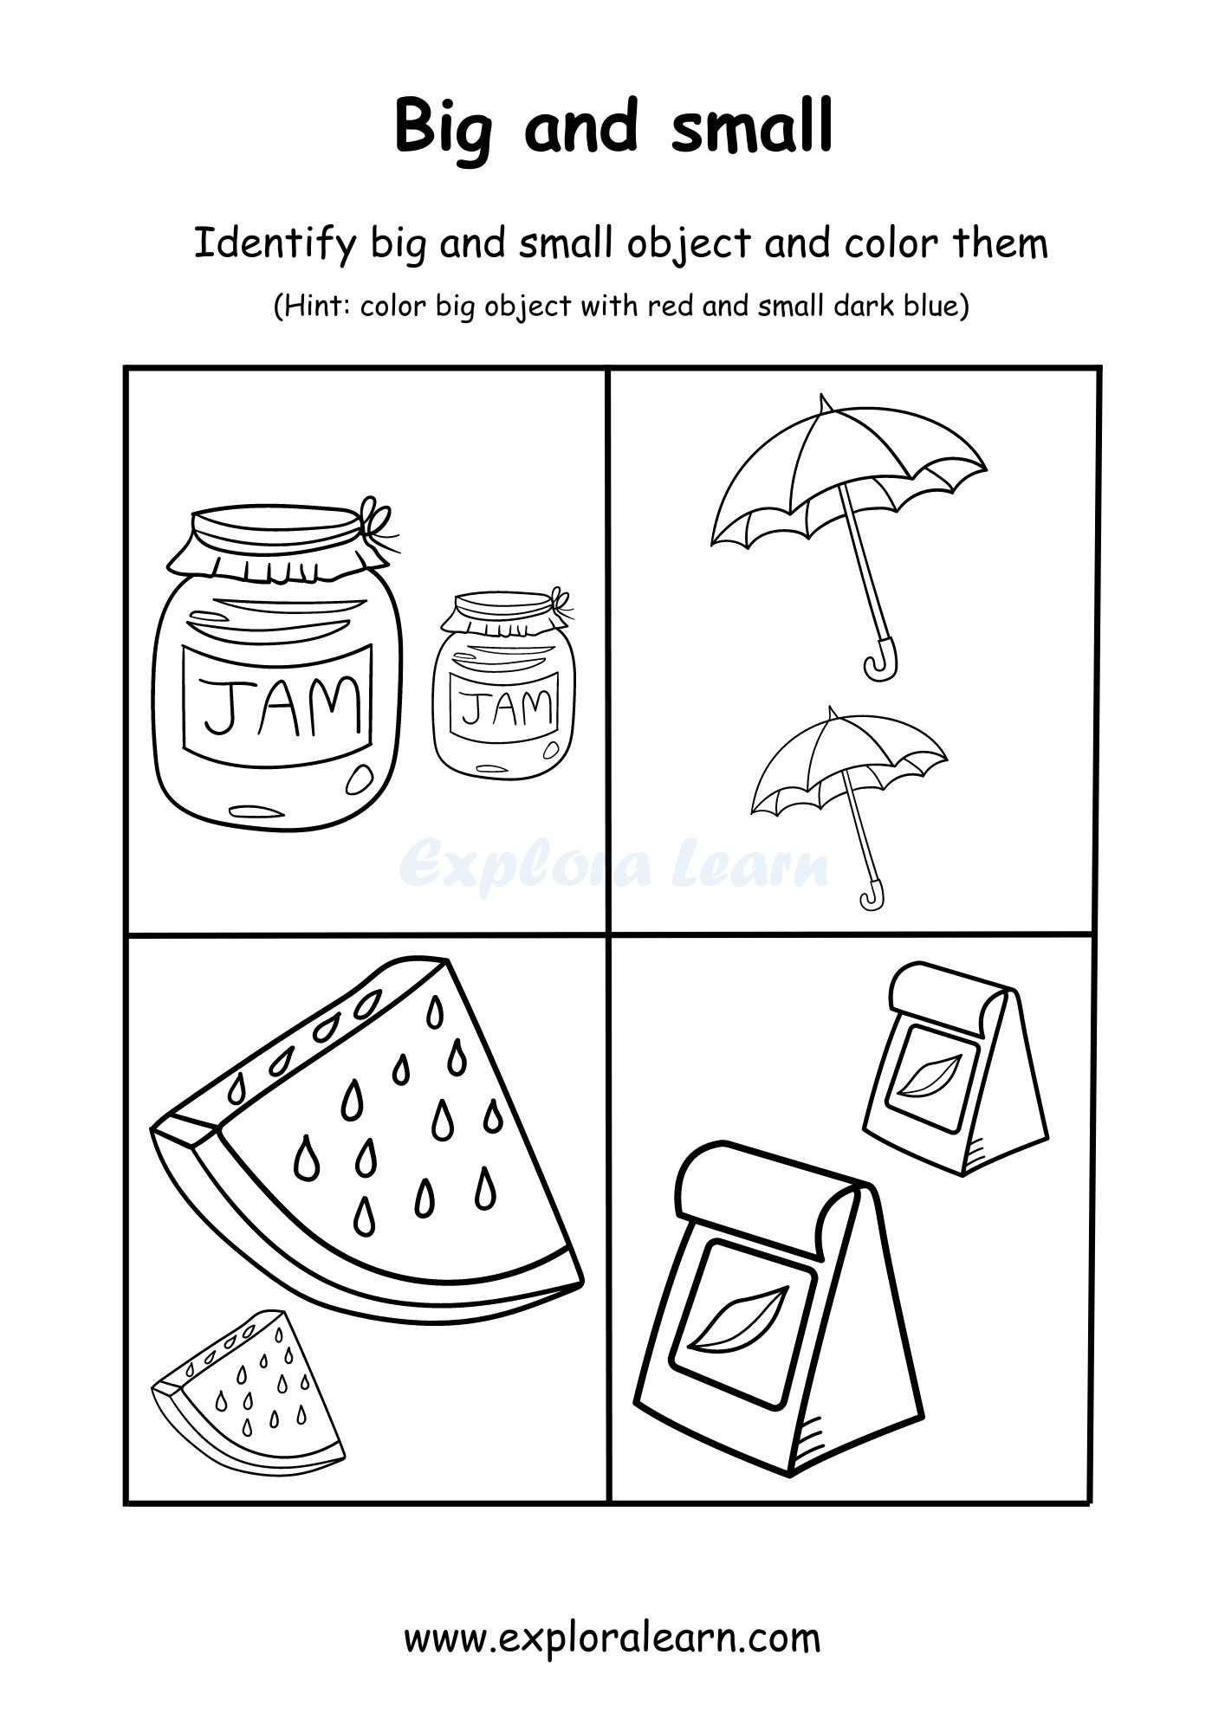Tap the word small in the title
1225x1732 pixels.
point(752,126)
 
